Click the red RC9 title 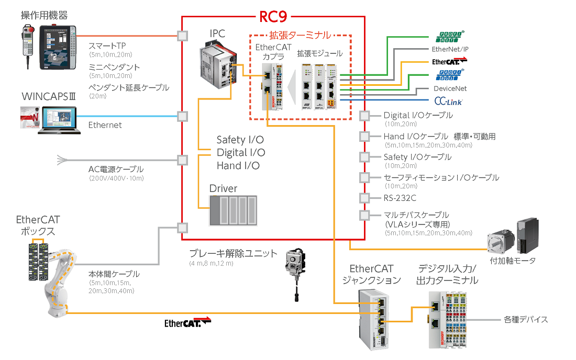273,17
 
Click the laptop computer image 59,119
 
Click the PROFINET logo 450,37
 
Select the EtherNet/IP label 450,49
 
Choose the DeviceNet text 450,88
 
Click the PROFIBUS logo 448,75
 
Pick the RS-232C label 401,198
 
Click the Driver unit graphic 234,210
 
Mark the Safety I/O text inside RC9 240,140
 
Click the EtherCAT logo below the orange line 187,322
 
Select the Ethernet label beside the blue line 105,125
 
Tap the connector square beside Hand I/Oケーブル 365,137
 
